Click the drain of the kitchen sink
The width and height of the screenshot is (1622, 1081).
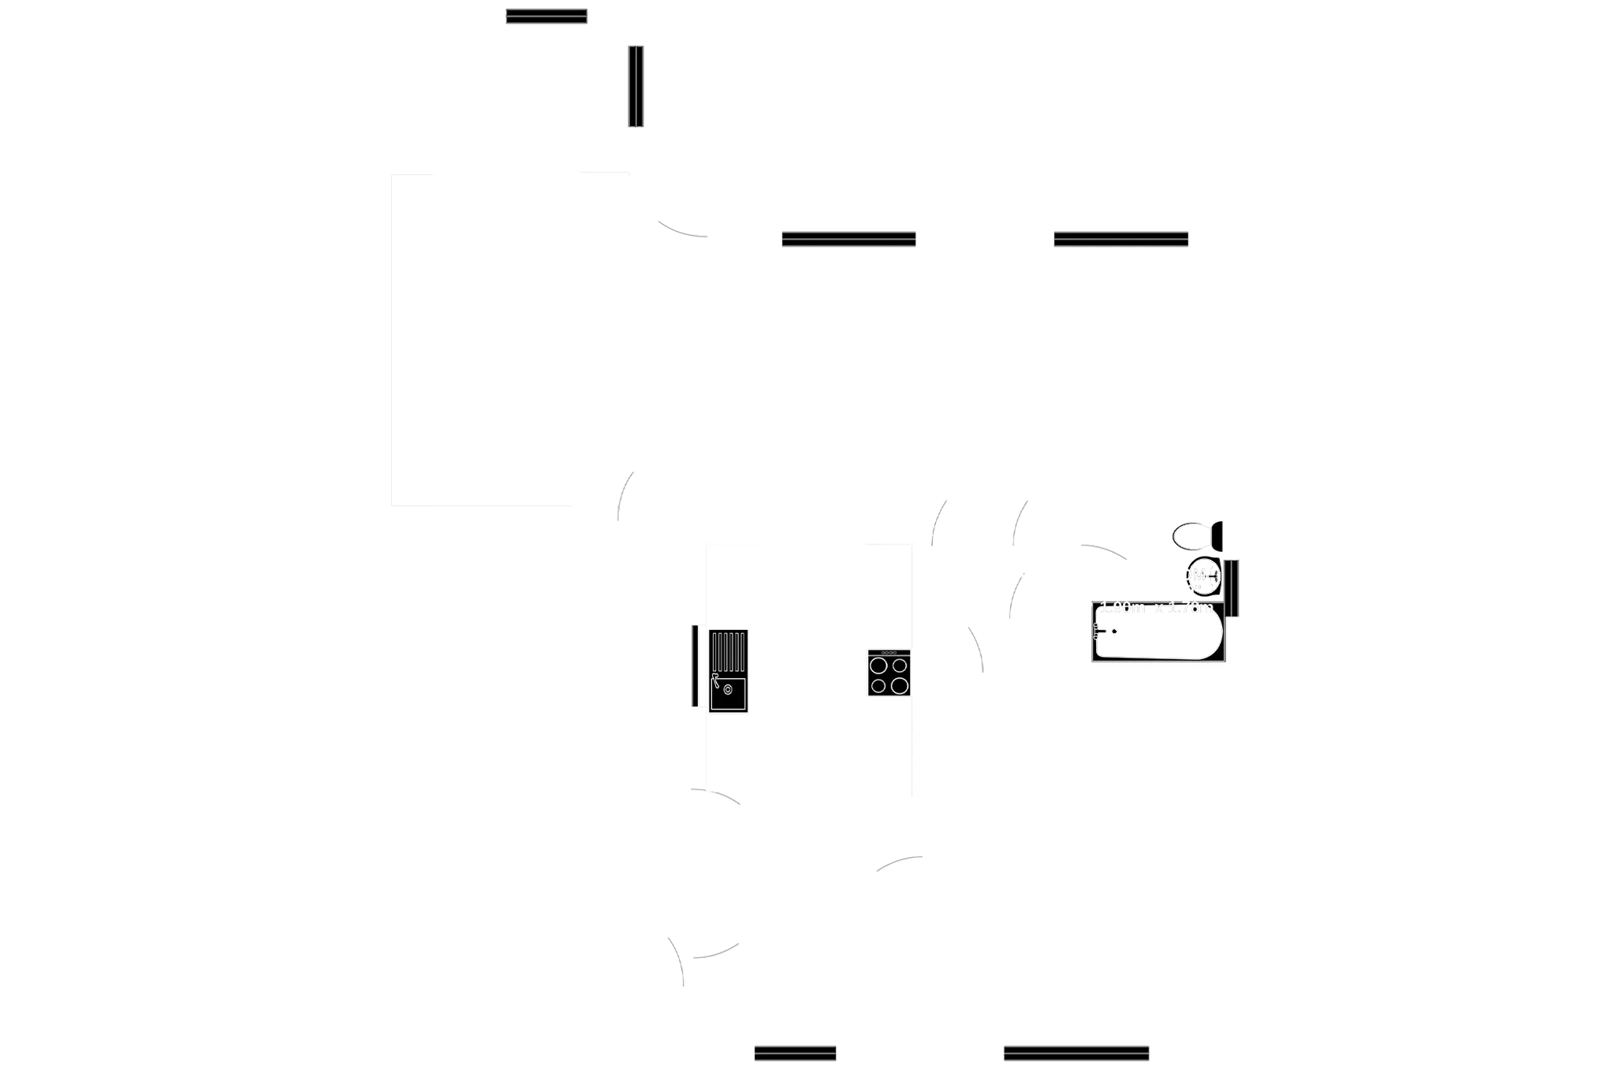[x=727, y=690]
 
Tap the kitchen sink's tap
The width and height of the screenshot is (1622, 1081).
[x=716, y=680]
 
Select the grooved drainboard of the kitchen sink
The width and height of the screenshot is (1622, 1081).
[x=729, y=651]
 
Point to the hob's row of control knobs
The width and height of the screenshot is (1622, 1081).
[x=889, y=653]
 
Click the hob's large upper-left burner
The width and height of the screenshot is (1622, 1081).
[x=878, y=667]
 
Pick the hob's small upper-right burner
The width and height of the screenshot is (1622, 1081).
[x=899, y=667]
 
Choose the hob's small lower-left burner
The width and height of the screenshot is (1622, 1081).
[x=878, y=685]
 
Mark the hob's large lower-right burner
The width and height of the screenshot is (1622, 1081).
[x=899, y=685]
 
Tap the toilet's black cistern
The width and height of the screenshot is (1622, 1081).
[x=1217, y=536]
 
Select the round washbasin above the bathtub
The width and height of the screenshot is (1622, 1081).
[x=1203, y=578]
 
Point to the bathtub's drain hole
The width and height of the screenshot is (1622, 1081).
[x=1115, y=631]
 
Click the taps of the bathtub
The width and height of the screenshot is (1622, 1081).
[x=1098, y=629]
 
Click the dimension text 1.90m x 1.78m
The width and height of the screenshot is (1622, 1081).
[x=1156, y=607]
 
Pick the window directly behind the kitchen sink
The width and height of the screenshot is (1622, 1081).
[x=693, y=665]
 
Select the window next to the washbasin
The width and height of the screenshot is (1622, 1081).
[x=1234, y=588]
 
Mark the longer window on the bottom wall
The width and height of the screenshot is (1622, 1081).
[x=1076, y=1053]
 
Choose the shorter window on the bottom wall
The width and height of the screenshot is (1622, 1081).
[x=795, y=1053]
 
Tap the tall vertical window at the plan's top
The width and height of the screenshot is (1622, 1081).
[x=636, y=86]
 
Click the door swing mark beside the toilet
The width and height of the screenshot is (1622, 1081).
[x=1104, y=550]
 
